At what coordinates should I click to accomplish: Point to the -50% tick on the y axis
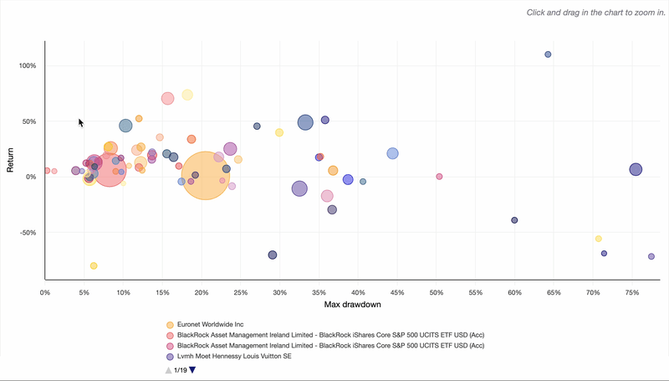[x=25, y=233]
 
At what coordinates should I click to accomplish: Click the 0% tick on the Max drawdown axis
[x=45, y=292]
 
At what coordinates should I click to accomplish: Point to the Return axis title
[x=10, y=159]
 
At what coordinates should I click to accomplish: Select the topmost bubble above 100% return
[x=548, y=54]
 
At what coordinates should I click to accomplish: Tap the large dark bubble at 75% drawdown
[x=636, y=169]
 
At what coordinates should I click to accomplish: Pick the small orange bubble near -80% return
[x=94, y=265]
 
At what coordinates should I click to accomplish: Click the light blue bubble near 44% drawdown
[x=392, y=153]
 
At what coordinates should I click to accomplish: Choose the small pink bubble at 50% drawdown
[x=439, y=176]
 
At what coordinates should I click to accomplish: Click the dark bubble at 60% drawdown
[x=514, y=220]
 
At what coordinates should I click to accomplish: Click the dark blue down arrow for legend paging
[x=192, y=370]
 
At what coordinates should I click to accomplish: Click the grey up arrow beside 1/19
[x=168, y=370]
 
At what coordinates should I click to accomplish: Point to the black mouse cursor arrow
[x=81, y=123]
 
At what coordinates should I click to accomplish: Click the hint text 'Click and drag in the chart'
[x=594, y=13]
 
